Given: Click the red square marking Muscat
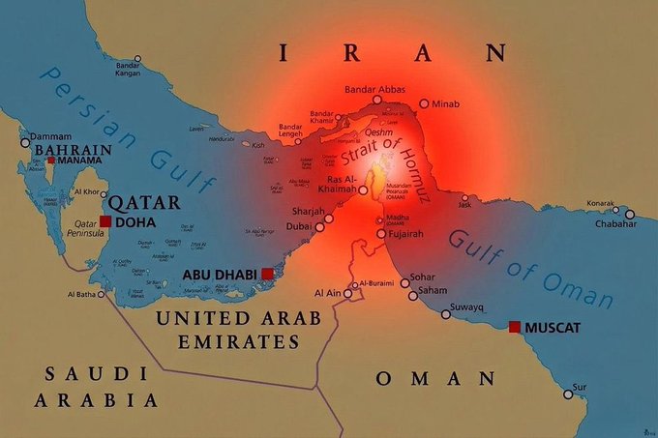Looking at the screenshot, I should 516,327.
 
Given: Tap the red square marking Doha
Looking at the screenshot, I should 105,222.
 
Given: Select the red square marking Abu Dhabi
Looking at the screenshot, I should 268,275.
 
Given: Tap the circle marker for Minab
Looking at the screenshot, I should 424,102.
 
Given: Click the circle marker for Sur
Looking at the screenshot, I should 568,394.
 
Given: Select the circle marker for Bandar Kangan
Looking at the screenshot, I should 137,59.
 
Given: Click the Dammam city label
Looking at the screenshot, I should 51,138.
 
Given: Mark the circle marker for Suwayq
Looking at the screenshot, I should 446,313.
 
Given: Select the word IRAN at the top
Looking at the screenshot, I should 391,52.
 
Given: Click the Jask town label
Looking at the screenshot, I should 465,205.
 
